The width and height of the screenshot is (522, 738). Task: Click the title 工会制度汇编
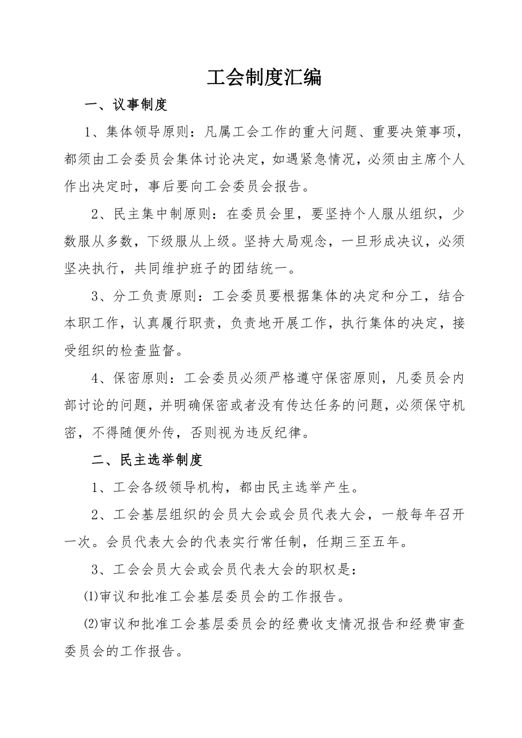click(264, 77)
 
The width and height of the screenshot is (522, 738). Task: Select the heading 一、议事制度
click(125, 104)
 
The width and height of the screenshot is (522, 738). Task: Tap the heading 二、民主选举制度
click(148, 460)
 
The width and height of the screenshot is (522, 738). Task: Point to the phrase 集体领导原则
click(148, 132)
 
